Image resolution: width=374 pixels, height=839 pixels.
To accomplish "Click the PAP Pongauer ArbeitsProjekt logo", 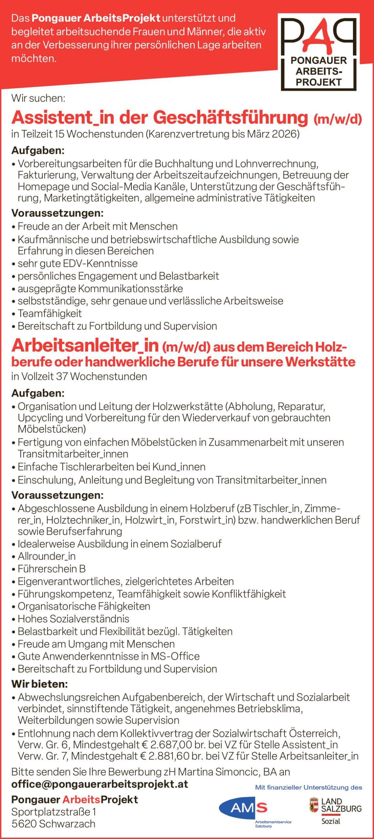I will [x=318, y=51].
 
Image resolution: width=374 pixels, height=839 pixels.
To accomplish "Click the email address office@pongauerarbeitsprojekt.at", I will [x=100, y=784].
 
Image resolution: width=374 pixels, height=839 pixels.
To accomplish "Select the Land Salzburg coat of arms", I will [x=314, y=805].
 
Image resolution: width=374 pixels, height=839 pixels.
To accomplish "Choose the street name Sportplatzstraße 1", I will [x=54, y=812].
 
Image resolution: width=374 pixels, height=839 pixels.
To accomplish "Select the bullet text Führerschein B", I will [x=51, y=569].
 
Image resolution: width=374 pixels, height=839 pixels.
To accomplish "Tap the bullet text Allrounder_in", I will [x=47, y=556].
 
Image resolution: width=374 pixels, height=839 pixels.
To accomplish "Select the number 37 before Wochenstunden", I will [x=61, y=376].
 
